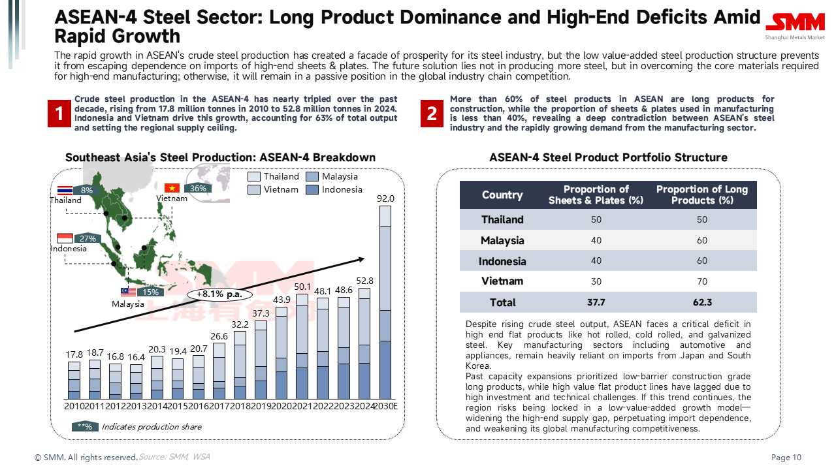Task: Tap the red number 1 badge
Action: (x=59, y=114)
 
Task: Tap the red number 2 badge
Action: (x=432, y=114)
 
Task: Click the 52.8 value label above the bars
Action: (x=366, y=281)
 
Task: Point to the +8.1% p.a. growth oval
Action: (x=219, y=294)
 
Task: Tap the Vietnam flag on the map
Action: (x=172, y=188)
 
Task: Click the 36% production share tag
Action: (x=198, y=189)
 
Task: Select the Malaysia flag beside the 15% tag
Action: (x=127, y=292)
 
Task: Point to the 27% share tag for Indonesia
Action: (x=88, y=238)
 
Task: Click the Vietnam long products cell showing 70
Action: (x=701, y=281)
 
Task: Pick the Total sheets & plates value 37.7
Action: (x=596, y=302)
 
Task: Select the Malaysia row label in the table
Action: (x=502, y=240)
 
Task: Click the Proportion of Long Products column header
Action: (x=701, y=195)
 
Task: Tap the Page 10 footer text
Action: (x=786, y=457)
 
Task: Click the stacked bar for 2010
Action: (x=74, y=380)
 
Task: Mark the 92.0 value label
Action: (x=386, y=198)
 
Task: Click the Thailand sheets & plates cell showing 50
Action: (x=596, y=219)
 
